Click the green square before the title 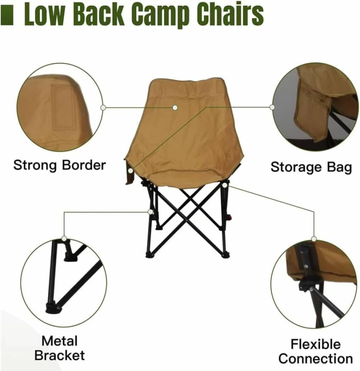(8, 16)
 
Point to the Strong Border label (59, 165)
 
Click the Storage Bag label (311, 167)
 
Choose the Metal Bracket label (59, 348)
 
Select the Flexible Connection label (315, 351)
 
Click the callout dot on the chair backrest (175, 108)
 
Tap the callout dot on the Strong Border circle (103, 108)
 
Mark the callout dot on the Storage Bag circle (272, 107)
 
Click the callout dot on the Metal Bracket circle (64, 238)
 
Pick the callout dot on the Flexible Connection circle (314, 239)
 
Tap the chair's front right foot (225, 255)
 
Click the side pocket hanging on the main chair (129, 172)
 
